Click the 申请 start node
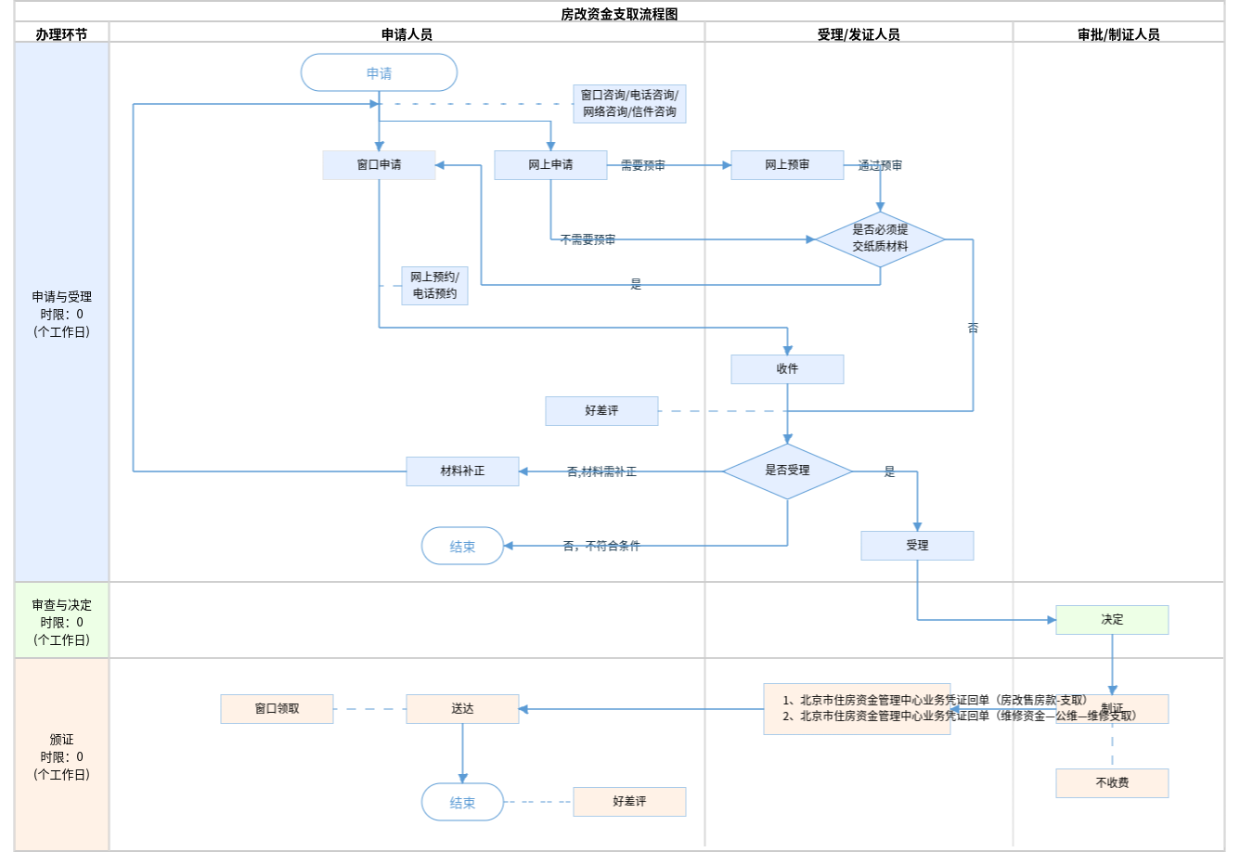[x=379, y=72]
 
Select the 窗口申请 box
[x=379, y=165]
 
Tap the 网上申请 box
[x=550, y=165]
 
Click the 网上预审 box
[x=787, y=165]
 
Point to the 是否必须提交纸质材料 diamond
[x=880, y=239]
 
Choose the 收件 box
[x=787, y=369]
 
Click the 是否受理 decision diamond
[x=787, y=471]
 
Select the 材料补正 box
[x=462, y=471]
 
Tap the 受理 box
[x=917, y=546]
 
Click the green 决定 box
[x=1112, y=620]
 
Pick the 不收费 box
[x=1112, y=783]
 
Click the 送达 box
[x=462, y=709]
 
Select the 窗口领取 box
[x=277, y=709]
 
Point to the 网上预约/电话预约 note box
[x=434, y=286]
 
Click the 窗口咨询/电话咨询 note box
[x=629, y=103]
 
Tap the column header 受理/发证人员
[x=859, y=34]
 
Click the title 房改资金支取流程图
[x=619, y=14]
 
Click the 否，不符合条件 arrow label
[x=601, y=546]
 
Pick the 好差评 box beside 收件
[x=601, y=411]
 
